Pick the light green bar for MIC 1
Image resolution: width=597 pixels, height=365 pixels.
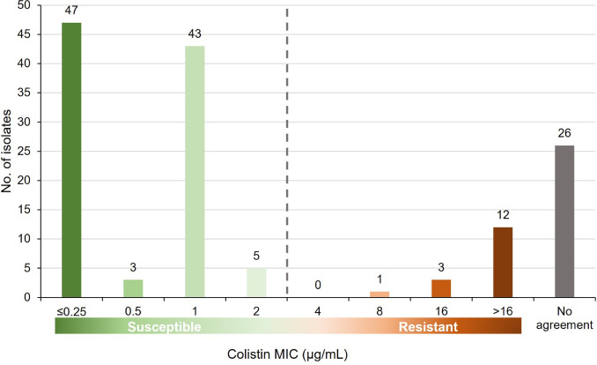(194, 171)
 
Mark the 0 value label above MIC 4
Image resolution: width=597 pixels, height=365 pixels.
(319, 287)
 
